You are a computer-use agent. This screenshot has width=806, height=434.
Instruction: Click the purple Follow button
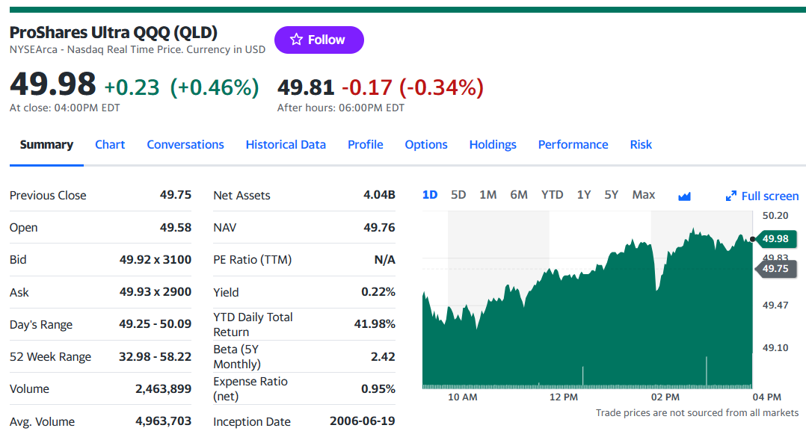pyautogui.click(x=319, y=40)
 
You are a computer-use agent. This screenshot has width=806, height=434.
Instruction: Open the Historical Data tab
pyautogui.click(x=286, y=145)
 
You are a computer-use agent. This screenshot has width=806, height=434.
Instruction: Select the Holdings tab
pyautogui.click(x=493, y=145)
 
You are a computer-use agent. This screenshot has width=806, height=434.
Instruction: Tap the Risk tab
pyautogui.click(x=641, y=145)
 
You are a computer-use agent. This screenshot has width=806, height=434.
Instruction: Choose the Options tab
pyautogui.click(x=426, y=145)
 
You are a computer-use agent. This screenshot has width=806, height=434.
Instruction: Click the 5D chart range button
pyautogui.click(x=458, y=195)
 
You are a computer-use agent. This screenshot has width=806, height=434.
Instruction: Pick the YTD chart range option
pyautogui.click(x=552, y=195)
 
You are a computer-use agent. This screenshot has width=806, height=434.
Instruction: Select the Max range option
pyautogui.click(x=644, y=195)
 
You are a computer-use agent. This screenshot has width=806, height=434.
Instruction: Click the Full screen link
pyautogui.click(x=763, y=196)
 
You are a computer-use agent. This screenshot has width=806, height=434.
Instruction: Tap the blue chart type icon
pyautogui.click(x=684, y=196)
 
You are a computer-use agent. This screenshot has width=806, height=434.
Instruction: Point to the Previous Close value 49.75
pyautogui.click(x=175, y=195)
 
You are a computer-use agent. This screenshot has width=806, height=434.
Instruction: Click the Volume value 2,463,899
pyautogui.click(x=164, y=389)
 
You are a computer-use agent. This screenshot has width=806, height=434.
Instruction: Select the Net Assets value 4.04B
pyautogui.click(x=379, y=195)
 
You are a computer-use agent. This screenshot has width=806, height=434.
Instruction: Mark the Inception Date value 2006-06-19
pyautogui.click(x=363, y=421)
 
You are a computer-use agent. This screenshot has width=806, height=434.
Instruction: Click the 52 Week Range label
pyautogui.click(x=50, y=357)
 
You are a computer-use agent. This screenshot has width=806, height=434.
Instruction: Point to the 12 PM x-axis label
pyautogui.click(x=564, y=397)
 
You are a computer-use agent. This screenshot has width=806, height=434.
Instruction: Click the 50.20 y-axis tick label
pyautogui.click(x=775, y=216)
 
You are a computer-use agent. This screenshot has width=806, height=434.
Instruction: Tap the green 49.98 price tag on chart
pyautogui.click(x=775, y=239)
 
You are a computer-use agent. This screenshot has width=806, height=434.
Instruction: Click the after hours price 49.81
pyautogui.click(x=306, y=87)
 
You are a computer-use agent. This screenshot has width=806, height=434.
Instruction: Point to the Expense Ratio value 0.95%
pyautogui.click(x=378, y=389)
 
